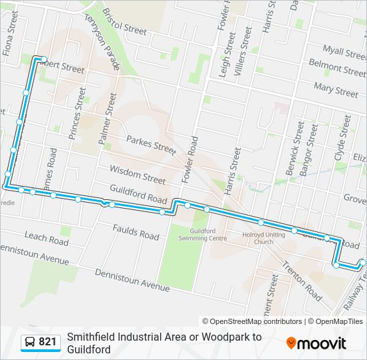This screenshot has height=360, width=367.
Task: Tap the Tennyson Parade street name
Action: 101,41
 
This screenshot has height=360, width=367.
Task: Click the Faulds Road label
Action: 135,232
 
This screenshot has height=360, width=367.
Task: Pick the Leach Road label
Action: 46,237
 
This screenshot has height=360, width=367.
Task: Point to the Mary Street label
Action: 336,87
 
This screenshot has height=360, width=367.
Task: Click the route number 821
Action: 47,342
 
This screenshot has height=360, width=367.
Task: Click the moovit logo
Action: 316,343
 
